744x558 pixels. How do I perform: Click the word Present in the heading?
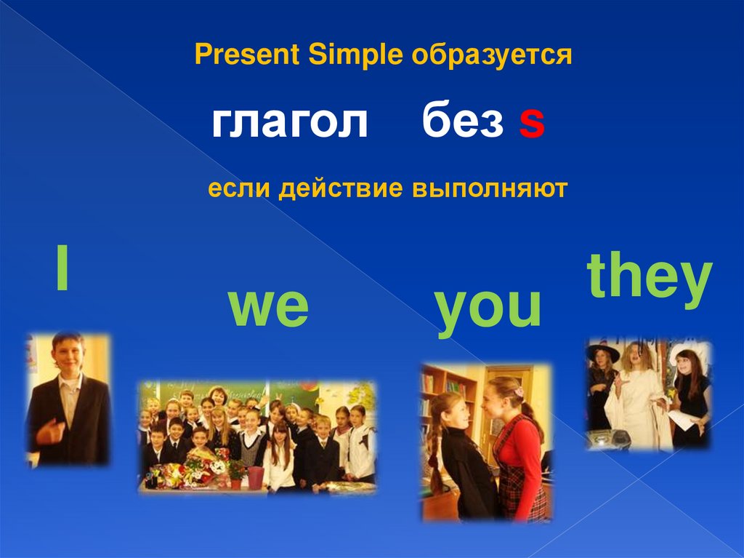(247, 54)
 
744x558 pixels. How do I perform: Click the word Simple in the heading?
(355, 55)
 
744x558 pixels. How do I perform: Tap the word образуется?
(492, 55)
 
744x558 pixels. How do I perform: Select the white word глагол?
(289, 121)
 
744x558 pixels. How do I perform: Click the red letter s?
(531, 123)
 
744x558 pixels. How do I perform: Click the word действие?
(341, 188)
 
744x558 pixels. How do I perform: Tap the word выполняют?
(490, 188)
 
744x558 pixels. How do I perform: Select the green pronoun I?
(62, 267)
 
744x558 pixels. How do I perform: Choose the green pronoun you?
(488, 311)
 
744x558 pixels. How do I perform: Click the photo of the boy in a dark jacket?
(68, 399)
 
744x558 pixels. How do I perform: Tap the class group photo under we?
(258, 437)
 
